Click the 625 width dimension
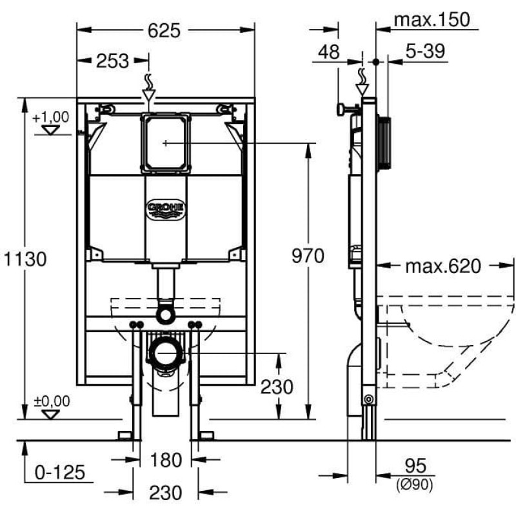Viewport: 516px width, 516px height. click(164, 30)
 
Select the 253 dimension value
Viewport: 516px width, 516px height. click(112, 61)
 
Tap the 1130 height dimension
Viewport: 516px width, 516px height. click(25, 259)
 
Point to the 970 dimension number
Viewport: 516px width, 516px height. click(308, 255)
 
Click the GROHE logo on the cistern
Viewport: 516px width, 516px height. click(166, 209)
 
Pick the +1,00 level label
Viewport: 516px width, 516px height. click(51, 117)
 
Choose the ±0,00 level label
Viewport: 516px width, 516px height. click(52, 401)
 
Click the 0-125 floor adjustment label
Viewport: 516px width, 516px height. click(60, 472)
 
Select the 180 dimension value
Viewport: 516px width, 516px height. click(166, 460)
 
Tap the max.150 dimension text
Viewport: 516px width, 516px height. click(432, 20)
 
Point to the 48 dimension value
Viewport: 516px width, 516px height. click(329, 52)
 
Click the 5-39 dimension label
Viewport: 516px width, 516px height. click(425, 51)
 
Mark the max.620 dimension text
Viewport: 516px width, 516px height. click(443, 266)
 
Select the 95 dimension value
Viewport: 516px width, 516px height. click(415, 466)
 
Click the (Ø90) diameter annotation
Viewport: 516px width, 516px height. click(415, 484)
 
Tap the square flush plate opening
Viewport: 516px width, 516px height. click(166, 143)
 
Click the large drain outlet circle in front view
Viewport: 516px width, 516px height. click(165, 352)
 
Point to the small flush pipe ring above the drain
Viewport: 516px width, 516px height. click(164, 313)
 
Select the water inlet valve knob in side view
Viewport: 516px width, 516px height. click(341, 109)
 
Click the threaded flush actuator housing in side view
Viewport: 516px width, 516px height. click(384, 143)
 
